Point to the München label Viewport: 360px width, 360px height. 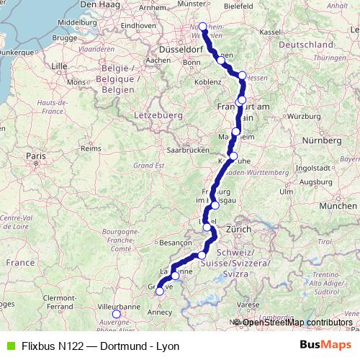point(336,206)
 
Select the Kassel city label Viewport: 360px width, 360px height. point(270,32)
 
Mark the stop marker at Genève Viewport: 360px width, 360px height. point(160,292)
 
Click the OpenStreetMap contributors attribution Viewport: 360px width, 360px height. point(297,322)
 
